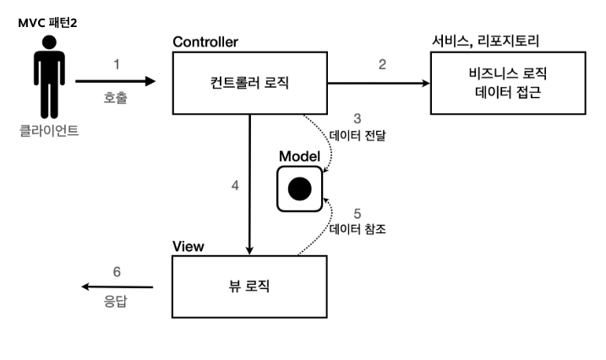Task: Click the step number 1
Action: point(116,64)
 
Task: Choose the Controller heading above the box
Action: point(205,41)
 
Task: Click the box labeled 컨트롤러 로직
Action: point(249,82)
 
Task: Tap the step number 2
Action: point(382,64)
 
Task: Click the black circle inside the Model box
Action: point(300,189)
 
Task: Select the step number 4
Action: point(235,185)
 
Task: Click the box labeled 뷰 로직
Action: point(249,286)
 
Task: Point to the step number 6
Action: point(117,271)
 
